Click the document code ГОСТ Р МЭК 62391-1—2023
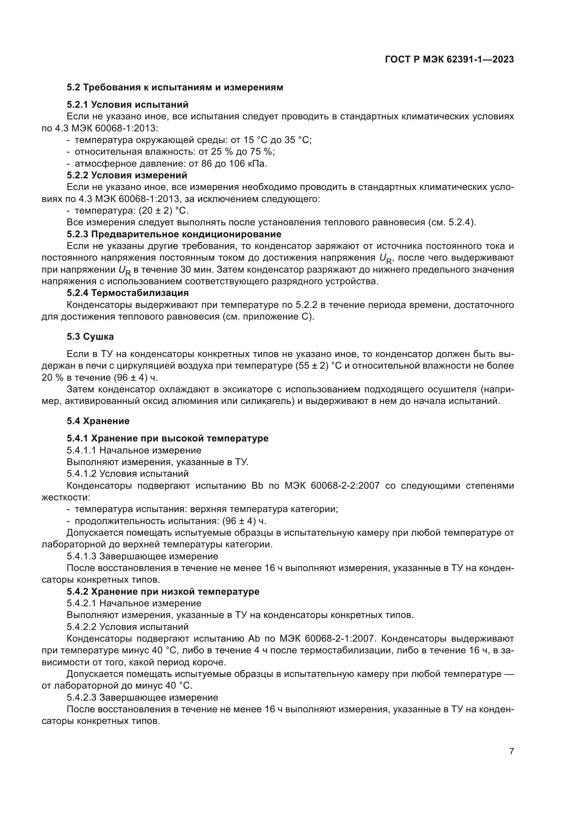click(x=449, y=60)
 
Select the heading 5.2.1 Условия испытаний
click(x=127, y=105)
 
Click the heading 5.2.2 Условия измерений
click(x=127, y=175)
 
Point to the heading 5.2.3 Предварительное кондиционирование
click(x=174, y=234)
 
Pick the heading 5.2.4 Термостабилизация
click(x=128, y=293)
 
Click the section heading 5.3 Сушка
click(x=90, y=337)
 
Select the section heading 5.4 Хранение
click(x=98, y=421)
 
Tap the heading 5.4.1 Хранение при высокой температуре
click(x=167, y=438)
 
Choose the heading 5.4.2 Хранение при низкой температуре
click(x=163, y=592)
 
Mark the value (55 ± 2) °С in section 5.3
click(x=318, y=366)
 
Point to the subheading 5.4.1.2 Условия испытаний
click(x=128, y=474)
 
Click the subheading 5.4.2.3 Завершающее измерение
click(x=142, y=697)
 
